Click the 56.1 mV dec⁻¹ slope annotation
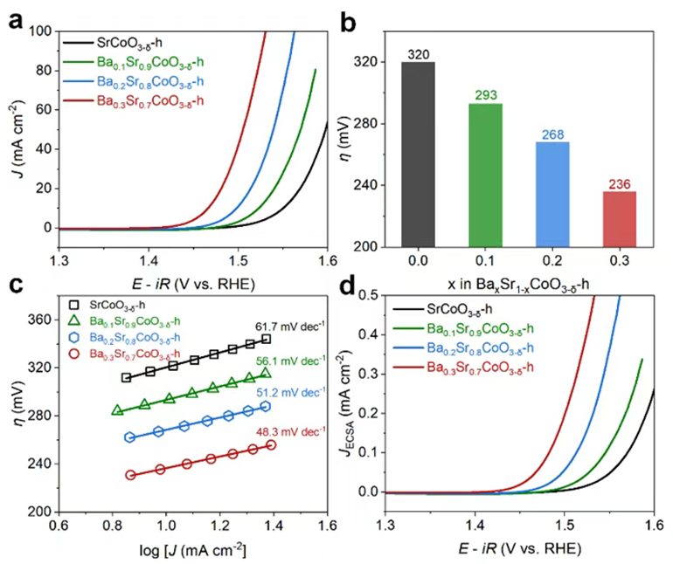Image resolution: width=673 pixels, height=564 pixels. pyautogui.click(x=295, y=360)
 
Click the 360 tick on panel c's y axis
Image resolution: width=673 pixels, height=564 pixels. pyautogui.click(x=39, y=320)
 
